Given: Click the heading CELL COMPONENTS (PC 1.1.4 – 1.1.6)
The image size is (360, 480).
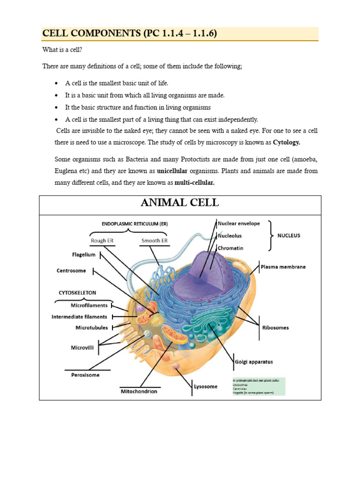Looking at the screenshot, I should [x=129, y=34].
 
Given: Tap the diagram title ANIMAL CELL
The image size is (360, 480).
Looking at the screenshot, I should [x=180, y=203].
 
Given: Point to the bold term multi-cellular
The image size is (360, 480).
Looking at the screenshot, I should [x=194, y=183].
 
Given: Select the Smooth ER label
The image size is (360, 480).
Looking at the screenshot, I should [x=154, y=240].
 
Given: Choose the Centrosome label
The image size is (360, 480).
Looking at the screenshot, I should [x=71, y=270].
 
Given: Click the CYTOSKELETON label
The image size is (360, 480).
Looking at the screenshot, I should [x=77, y=292].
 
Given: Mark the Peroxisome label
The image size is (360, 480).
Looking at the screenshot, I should [x=82, y=375].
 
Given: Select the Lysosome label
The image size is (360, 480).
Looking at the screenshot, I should [x=206, y=387].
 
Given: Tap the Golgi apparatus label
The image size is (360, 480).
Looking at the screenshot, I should [x=253, y=362].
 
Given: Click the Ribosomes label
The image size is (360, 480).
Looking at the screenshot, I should [x=275, y=328].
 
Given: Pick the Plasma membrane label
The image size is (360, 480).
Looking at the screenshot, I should [x=283, y=267].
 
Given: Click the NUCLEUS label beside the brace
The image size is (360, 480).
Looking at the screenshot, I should [x=288, y=235].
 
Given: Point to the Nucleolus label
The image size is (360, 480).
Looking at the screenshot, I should [x=232, y=236].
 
